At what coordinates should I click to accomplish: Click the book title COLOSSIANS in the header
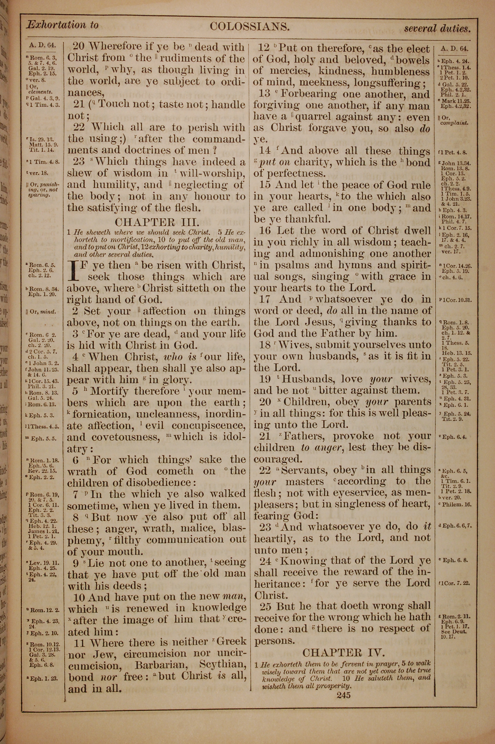pos(249,26)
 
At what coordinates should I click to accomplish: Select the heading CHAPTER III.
pos(157,222)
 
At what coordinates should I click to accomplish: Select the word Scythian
pos(222,665)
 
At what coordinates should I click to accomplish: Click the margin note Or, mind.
pos(41,312)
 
